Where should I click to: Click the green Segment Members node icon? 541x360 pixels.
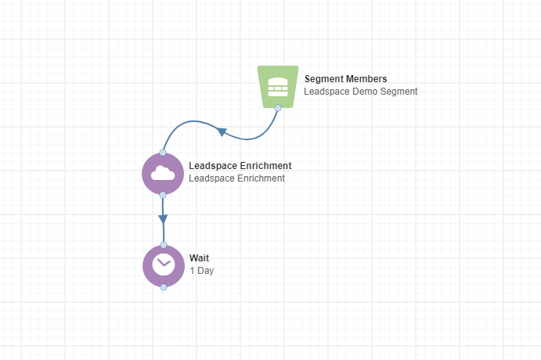click(278, 87)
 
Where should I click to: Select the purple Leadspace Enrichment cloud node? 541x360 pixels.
click(163, 174)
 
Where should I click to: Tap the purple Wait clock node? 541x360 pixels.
click(164, 266)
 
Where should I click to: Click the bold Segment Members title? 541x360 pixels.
click(345, 79)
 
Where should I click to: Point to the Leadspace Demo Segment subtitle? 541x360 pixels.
click(361, 92)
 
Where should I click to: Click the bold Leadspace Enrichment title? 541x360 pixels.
click(240, 166)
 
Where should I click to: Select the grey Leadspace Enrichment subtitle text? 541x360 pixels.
click(236, 178)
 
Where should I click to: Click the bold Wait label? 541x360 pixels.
click(199, 258)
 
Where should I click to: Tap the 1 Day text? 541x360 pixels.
click(201, 271)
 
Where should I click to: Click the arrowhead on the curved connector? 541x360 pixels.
click(222, 131)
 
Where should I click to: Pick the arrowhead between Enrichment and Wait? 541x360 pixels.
click(163, 219)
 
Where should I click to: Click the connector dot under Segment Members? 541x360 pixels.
click(278, 108)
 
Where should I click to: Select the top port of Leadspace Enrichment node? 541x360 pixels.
click(163, 153)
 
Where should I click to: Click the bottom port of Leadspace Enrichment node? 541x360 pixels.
click(163, 195)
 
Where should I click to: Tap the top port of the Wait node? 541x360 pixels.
click(164, 245)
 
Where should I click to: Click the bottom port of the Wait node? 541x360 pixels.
click(164, 287)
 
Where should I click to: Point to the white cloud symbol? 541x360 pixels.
click(163, 173)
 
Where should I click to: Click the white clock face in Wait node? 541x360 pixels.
click(164, 265)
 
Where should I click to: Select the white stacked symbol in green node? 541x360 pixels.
click(278, 87)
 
